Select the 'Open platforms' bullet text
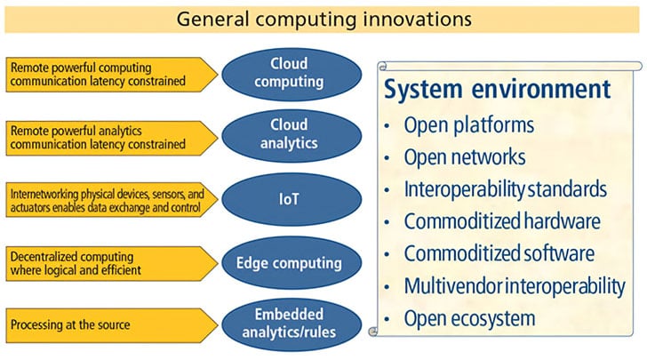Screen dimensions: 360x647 coord(469,124)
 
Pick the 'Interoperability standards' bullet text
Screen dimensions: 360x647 coord(505,189)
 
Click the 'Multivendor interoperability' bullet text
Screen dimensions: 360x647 coord(514,285)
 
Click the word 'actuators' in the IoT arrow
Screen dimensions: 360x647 coord(31,207)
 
